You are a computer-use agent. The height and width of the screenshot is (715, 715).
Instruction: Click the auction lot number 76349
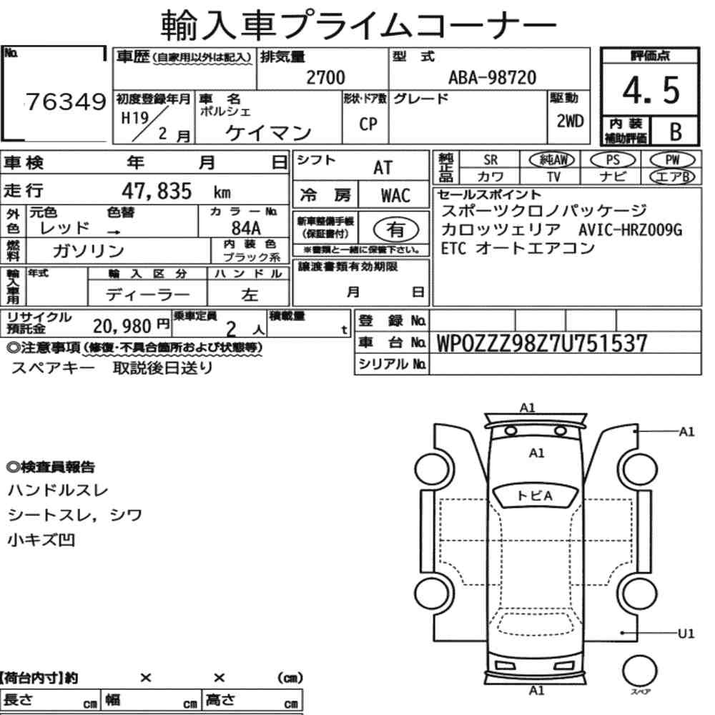[x=66, y=102]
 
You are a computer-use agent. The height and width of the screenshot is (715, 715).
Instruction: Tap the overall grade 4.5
[x=651, y=90]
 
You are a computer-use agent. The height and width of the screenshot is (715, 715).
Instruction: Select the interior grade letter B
[x=676, y=132]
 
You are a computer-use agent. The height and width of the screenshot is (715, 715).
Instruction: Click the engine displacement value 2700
[x=325, y=77]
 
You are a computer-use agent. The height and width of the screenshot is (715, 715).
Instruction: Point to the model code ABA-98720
[x=492, y=77]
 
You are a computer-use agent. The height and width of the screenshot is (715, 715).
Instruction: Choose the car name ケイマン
[x=268, y=133]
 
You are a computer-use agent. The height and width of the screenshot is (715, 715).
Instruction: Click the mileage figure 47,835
[x=157, y=191]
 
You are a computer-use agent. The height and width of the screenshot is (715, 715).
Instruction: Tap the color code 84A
[x=246, y=227]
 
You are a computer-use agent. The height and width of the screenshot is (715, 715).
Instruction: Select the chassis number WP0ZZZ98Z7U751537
[x=542, y=343]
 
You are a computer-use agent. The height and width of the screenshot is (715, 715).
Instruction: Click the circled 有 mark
[x=395, y=230]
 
